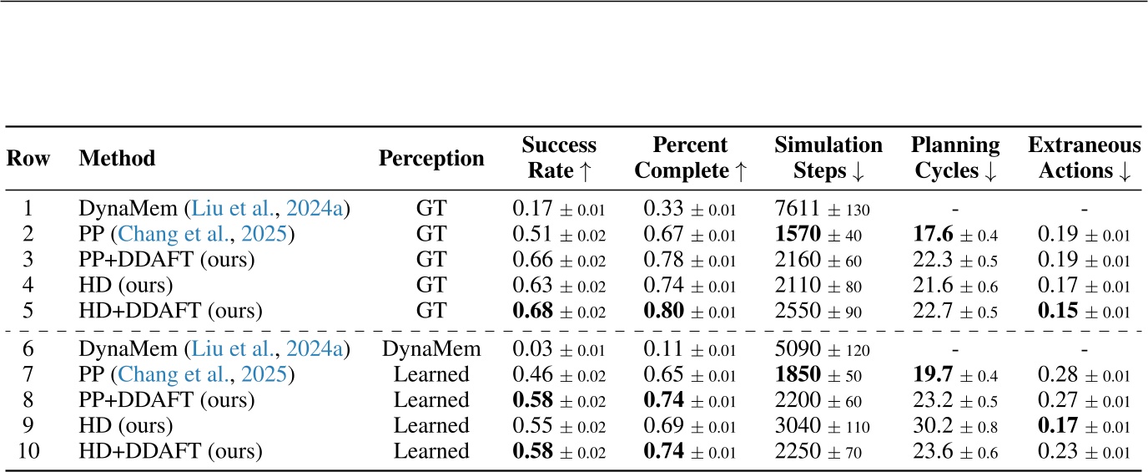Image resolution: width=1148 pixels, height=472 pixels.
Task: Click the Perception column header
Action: click(431, 159)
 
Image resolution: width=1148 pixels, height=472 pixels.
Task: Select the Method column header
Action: click(118, 159)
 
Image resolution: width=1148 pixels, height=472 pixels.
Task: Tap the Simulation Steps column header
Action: click(828, 158)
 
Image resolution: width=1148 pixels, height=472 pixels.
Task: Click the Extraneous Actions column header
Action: click(1084, 158)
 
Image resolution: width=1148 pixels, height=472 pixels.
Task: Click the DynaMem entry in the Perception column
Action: click(431, 349)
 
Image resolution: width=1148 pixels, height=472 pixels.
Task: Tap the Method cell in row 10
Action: click(170, 453)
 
